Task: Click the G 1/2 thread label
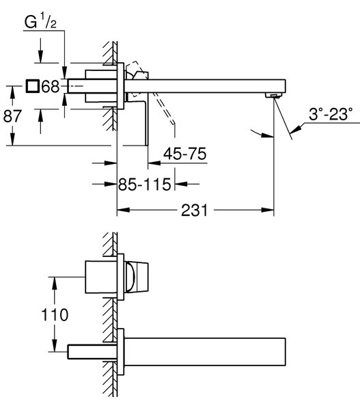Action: (x=40, y=22)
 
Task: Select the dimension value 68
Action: (x=51, y=86)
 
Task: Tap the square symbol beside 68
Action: (x=32, y=86)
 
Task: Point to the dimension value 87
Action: (x=12, y=116)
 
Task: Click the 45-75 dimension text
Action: (x=185, y=154)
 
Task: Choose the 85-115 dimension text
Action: (x=144, y=184)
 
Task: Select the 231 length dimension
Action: (x=195, y=210)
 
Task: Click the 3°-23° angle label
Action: (x=331, y=114)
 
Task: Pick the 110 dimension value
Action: (x=55, y=314)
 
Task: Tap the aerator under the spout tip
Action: (x=273, y=96)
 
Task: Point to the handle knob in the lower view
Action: (x=137, y=277)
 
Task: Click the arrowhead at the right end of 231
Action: (x=267, y=210)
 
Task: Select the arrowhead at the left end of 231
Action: (x=124, y=210)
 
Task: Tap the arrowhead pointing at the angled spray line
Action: (x=296, y=129)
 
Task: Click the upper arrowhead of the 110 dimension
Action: (x=55, y=283)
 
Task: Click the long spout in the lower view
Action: (x=205, y=352)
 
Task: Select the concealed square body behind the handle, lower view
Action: (x=101, y=277)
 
